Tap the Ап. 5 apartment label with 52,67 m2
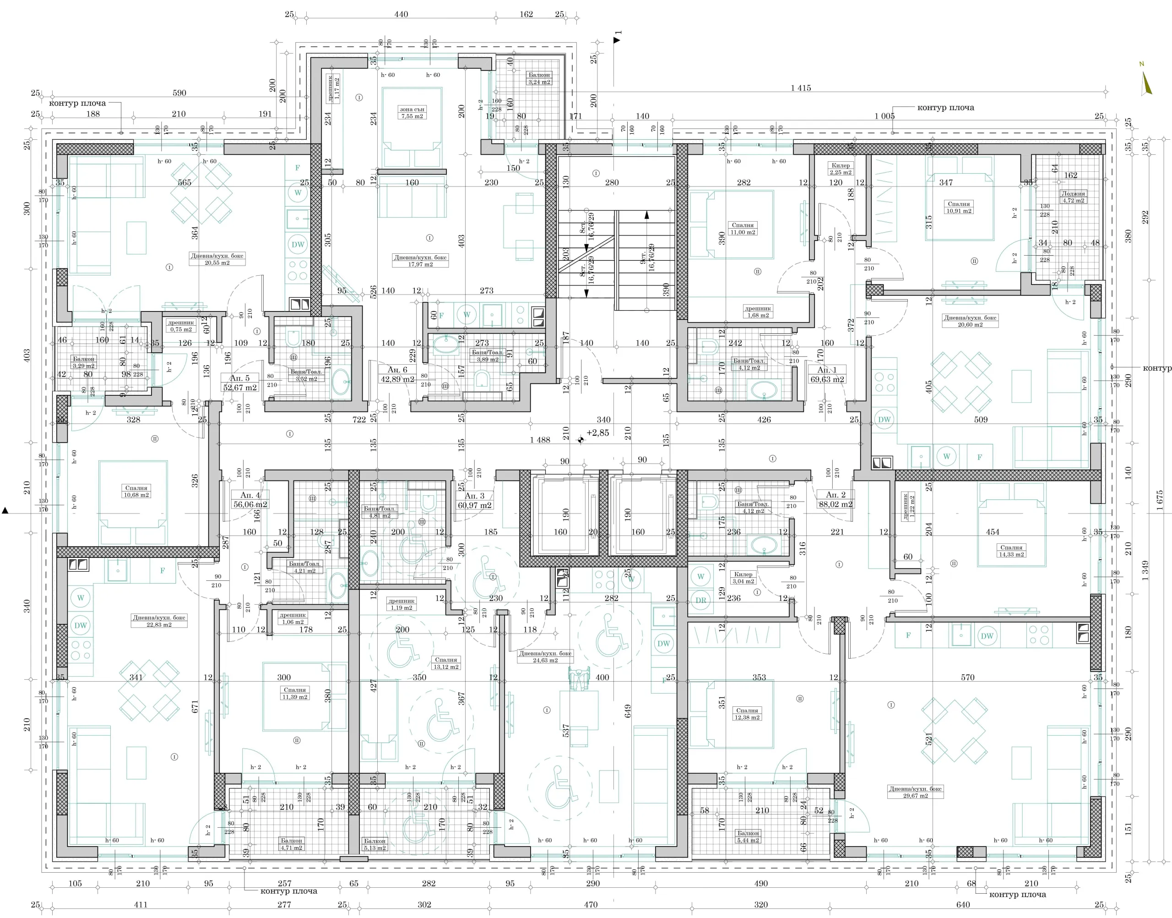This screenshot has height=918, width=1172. (239, 382)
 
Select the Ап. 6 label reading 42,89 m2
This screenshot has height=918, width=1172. (397, 374)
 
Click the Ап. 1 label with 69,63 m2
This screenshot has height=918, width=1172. (827, 374)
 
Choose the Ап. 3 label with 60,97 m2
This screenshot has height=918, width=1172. (474, 500)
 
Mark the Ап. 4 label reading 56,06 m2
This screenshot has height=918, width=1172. (250, 500)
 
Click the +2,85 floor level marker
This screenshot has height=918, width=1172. (597, 433)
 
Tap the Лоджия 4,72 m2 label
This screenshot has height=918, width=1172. (1073, 197)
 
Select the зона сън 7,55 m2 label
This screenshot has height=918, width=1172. (412, 112)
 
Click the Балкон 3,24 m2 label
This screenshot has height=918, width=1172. (539, 78)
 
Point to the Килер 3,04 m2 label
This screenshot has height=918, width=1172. (743, 578)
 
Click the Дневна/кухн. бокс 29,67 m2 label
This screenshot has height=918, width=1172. (915, 792)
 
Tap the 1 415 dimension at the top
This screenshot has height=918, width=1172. (800, 88)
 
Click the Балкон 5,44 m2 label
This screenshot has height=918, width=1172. (748, 836)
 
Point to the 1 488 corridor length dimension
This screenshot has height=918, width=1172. (540, 440)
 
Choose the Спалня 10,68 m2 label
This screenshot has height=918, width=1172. (136, 491)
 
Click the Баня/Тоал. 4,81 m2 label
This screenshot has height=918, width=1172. (380, 512)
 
